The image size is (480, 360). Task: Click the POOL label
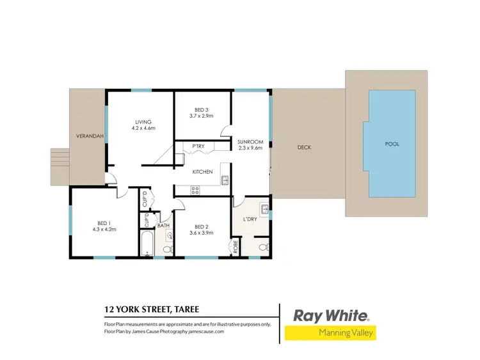tap(392, 144)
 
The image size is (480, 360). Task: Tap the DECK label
tap(304, 147)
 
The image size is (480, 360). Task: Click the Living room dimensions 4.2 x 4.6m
tap(144, 128)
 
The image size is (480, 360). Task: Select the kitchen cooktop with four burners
tap(195, 189)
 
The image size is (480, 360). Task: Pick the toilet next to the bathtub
tap(168, 249)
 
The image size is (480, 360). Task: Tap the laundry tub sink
tap(264, 209)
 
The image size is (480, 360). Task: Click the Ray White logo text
tap(331, 316)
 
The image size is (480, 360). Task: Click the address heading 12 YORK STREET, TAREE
tap(152, 310)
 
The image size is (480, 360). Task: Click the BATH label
tap(163, 225)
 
